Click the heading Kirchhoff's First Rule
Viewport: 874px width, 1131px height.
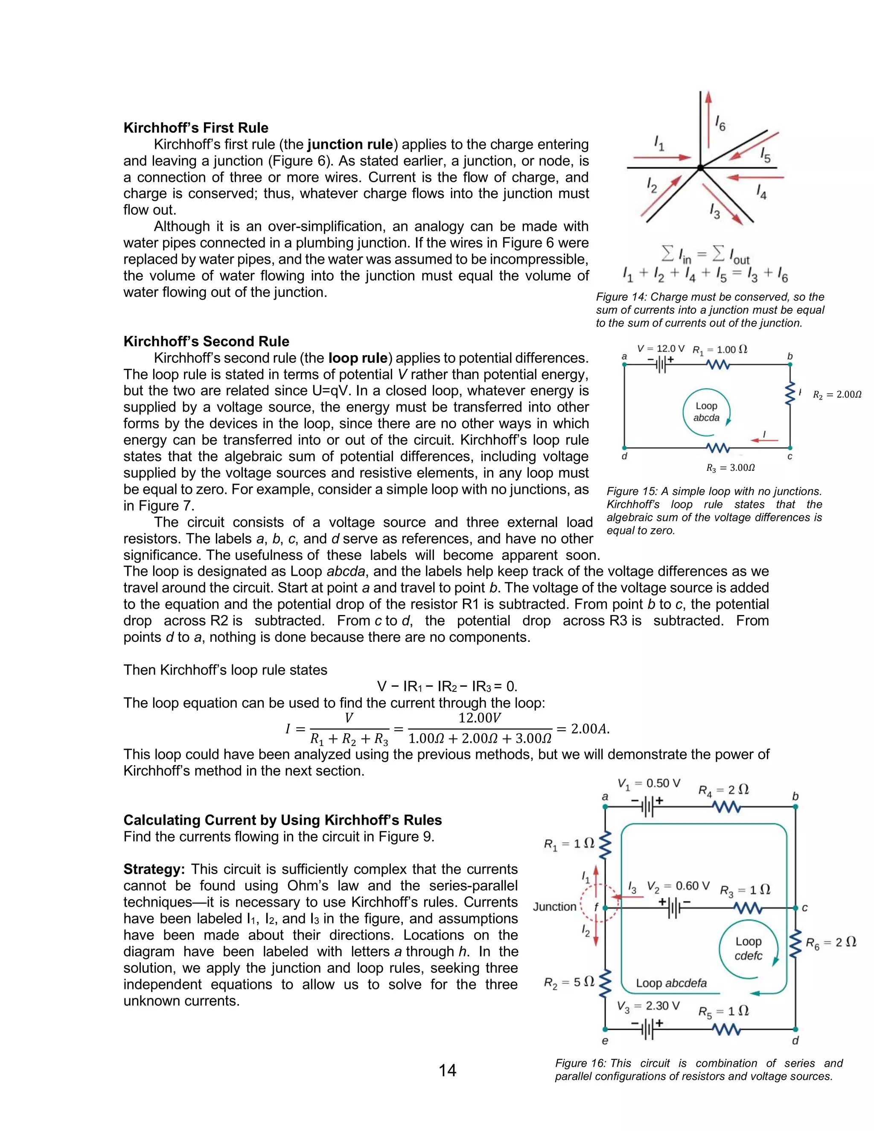(x=196, y=128)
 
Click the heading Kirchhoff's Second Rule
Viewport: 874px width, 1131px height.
(x=206, y=341)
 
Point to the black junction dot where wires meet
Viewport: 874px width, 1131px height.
(x=700, y=168)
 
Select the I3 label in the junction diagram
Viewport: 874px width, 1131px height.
(x=714, y=211)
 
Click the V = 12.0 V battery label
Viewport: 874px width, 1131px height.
(x=660, y=349)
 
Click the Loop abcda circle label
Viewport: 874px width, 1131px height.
(x=706, y=412)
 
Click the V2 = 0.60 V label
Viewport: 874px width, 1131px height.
(x=678, y=886)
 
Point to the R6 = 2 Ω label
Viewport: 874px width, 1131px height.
(x=830, y=942)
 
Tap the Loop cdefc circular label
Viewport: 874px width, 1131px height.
(x=748, y=948)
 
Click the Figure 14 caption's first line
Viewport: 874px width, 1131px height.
(x=710, y=297)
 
